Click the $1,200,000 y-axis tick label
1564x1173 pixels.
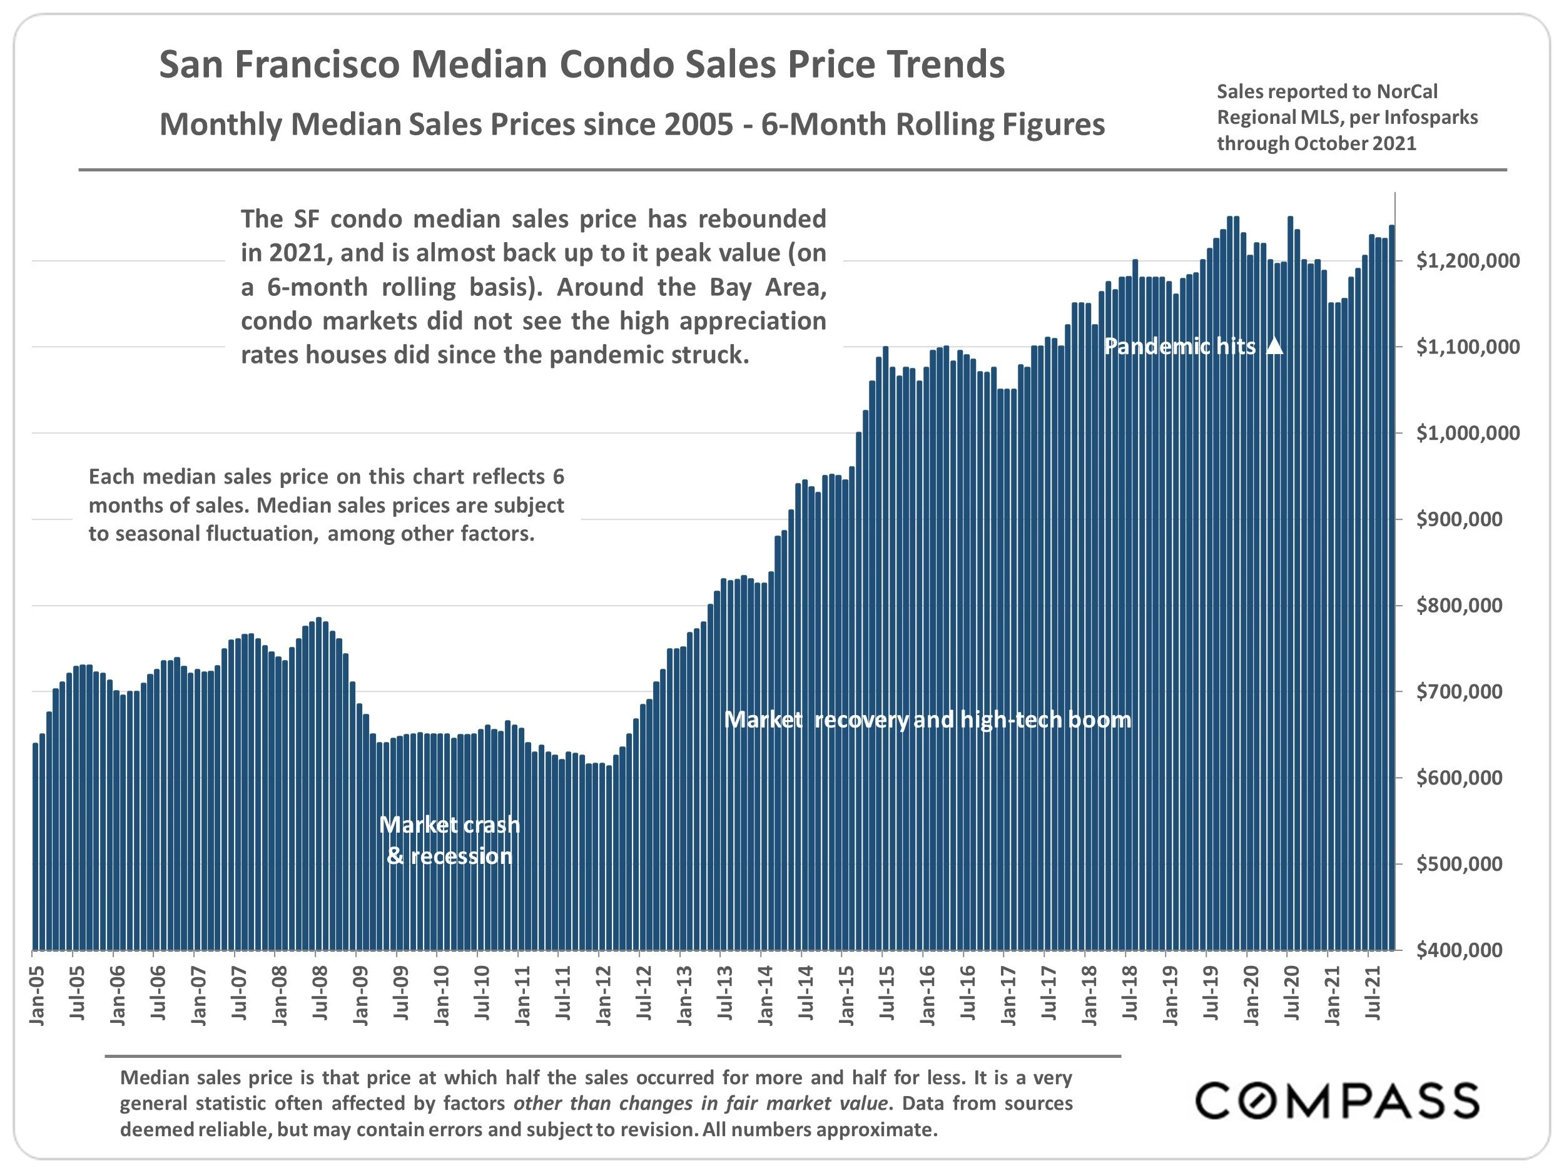[x=1467, y=261]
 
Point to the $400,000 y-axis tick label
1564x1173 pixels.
[x=1459, y=950]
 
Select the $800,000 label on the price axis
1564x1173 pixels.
[x=1459, y=605]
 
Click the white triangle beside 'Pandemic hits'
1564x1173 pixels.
[x=1274, y=346]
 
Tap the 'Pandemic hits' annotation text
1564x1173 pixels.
[x=1180, y=347]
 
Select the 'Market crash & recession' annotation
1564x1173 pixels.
[x=450, y=840]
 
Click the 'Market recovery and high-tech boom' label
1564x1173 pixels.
[x=928, y=720]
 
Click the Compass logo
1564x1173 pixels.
[x=1336, y=1101]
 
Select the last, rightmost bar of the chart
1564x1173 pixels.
[x=1391, y=587]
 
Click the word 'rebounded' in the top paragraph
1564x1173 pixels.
[x=762, y=219]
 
